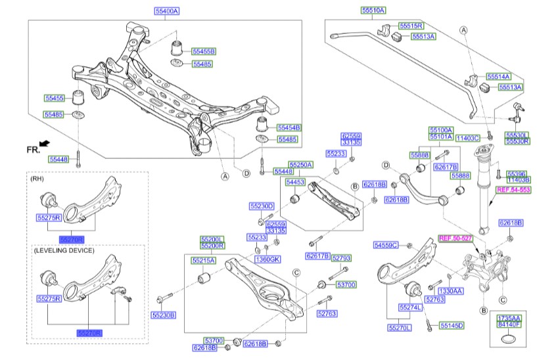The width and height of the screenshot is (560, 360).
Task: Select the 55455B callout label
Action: coord(204,51)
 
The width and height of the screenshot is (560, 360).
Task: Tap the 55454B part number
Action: coord(288,127)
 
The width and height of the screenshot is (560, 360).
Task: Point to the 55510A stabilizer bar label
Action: coord(373,10)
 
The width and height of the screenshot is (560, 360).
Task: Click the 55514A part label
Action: coord(498,76)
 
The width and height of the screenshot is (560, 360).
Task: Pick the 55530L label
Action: coord(517,135)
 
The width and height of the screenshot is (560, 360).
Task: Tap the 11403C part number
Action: coord(469,138)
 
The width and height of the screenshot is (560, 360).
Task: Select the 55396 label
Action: coord(518,173)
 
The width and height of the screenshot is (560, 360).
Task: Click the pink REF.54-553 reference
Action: coord(513,189)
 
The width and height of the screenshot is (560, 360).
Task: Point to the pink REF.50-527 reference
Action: coord(455,238)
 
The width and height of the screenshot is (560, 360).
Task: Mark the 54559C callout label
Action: coord(386,245)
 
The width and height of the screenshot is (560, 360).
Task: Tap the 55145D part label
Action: coord(452,325)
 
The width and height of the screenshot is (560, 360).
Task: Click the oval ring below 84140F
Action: coord(509,339)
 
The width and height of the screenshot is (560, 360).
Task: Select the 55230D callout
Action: coord(261,206)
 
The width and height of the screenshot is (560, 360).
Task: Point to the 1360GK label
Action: coord(268,259)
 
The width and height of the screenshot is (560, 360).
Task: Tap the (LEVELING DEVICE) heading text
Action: coord(62,250)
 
